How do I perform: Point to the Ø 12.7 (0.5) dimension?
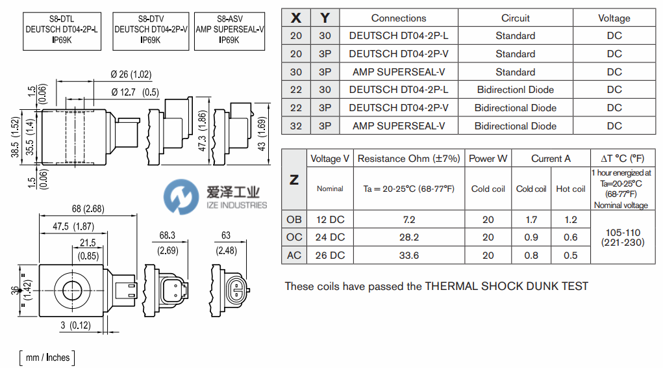click(135, 92)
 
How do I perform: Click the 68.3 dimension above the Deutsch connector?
click(168, 235)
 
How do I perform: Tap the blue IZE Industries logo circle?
click(181, 197)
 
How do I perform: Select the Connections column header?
click(398, 18)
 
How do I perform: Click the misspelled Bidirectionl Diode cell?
click(515, 90)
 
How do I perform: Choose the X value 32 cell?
click(296, 126)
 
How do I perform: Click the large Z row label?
click(294, 180)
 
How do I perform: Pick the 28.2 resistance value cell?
click(408, 237)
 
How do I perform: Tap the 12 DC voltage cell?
click(330, 220)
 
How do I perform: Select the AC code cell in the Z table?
click(294, 256)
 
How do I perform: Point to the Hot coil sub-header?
click(570, 189)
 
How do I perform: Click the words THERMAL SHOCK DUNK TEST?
click(507, 286)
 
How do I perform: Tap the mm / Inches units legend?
click(46, 357)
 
